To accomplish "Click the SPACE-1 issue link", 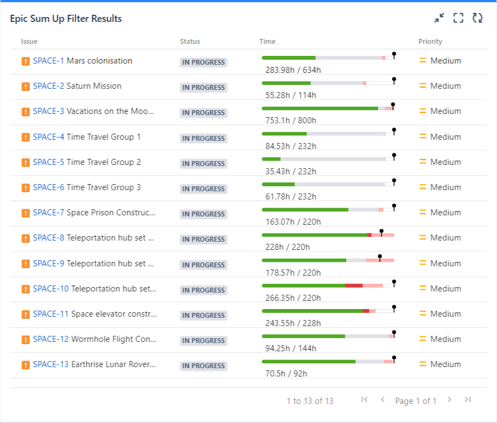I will (x=48, y=61).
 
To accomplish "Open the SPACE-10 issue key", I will (x=51, y=289).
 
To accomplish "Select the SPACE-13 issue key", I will (x=51, y=364).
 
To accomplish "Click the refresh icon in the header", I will (x=477, y=18).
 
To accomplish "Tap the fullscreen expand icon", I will (x=459, y=18).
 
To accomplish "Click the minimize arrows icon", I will (x=439, y=18).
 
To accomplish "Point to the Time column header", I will (x=268, y=41).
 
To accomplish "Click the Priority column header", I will (x=430, y=41).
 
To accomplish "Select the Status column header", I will (x=190, y=41).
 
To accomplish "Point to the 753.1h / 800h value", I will (x=291, y=121).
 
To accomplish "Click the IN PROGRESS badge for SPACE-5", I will (x=204, y=163).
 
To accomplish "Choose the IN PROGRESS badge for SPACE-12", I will (x=204, y=340).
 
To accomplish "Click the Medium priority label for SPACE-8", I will (x=446, y=238).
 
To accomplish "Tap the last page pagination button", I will (x=467, y=399).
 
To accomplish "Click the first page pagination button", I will (x=365, y=399).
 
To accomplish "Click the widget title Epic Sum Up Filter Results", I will (x=66, y=19).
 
